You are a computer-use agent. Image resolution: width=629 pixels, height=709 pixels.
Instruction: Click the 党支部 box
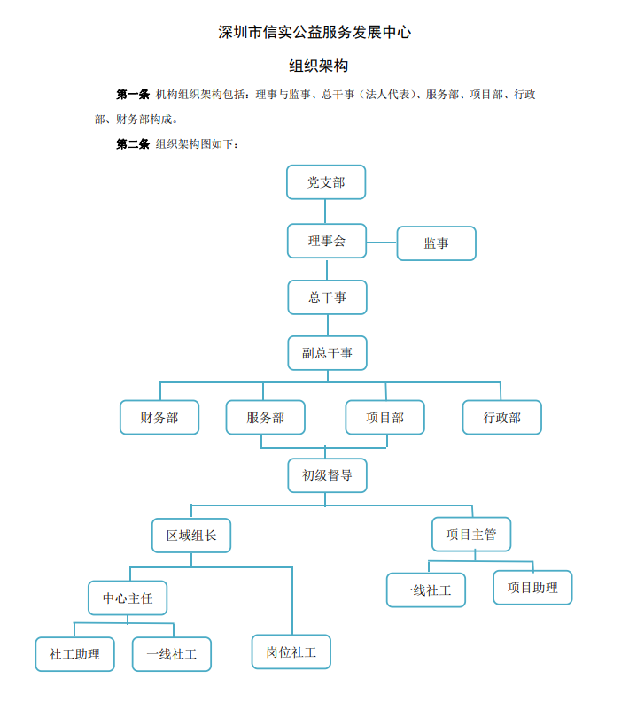(326, 182)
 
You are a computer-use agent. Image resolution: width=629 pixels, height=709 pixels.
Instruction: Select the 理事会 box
(327, 241)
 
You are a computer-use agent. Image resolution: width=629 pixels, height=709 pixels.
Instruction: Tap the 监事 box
(436, 243)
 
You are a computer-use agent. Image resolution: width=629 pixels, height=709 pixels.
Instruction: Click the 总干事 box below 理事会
(327, 297)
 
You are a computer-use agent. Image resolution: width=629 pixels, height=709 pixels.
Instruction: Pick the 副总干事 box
(327, 353)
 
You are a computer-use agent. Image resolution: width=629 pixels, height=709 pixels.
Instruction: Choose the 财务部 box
(159, 418)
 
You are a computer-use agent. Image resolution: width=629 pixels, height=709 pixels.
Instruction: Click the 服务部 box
(265, 418)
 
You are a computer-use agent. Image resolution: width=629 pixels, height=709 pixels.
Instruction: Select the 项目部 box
(384, 418)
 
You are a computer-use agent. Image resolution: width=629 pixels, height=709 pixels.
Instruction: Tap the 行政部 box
(501, 418)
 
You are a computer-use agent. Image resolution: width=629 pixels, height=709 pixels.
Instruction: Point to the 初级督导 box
(327, 475)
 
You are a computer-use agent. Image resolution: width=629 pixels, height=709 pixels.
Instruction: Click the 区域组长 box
(191, 536)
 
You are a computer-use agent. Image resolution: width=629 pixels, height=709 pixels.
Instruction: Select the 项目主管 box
(471, 535)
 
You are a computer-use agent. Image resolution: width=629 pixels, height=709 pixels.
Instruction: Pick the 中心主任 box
(128, 597)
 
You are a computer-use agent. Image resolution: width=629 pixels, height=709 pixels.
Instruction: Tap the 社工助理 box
(74, 654)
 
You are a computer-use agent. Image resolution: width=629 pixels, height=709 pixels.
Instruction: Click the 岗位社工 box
(291, 652)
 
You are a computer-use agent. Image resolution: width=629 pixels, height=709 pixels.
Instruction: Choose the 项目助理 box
(532, 588)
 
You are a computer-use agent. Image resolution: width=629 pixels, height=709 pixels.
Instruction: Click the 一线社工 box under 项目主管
(426, 590)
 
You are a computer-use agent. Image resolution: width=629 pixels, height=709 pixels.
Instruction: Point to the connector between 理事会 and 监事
(382, 243)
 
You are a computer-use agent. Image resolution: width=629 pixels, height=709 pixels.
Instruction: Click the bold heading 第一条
(133, 94)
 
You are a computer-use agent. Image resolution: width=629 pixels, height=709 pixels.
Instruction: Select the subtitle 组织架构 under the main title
(319, 66)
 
